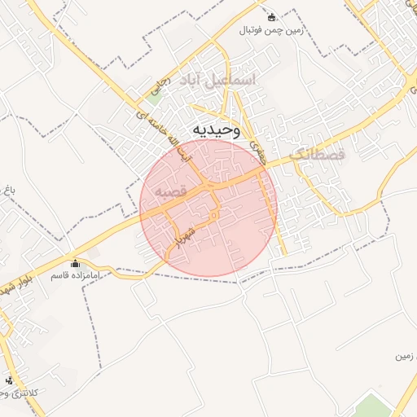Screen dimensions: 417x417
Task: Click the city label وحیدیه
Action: [x=216, y=130]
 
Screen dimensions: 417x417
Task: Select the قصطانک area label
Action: [x=317, y=153]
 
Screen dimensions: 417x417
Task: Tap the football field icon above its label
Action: [x=272, y=16]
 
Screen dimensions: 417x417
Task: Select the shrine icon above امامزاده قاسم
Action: [x=76, y=263]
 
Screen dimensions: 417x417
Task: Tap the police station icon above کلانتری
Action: [x=9, y=380]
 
